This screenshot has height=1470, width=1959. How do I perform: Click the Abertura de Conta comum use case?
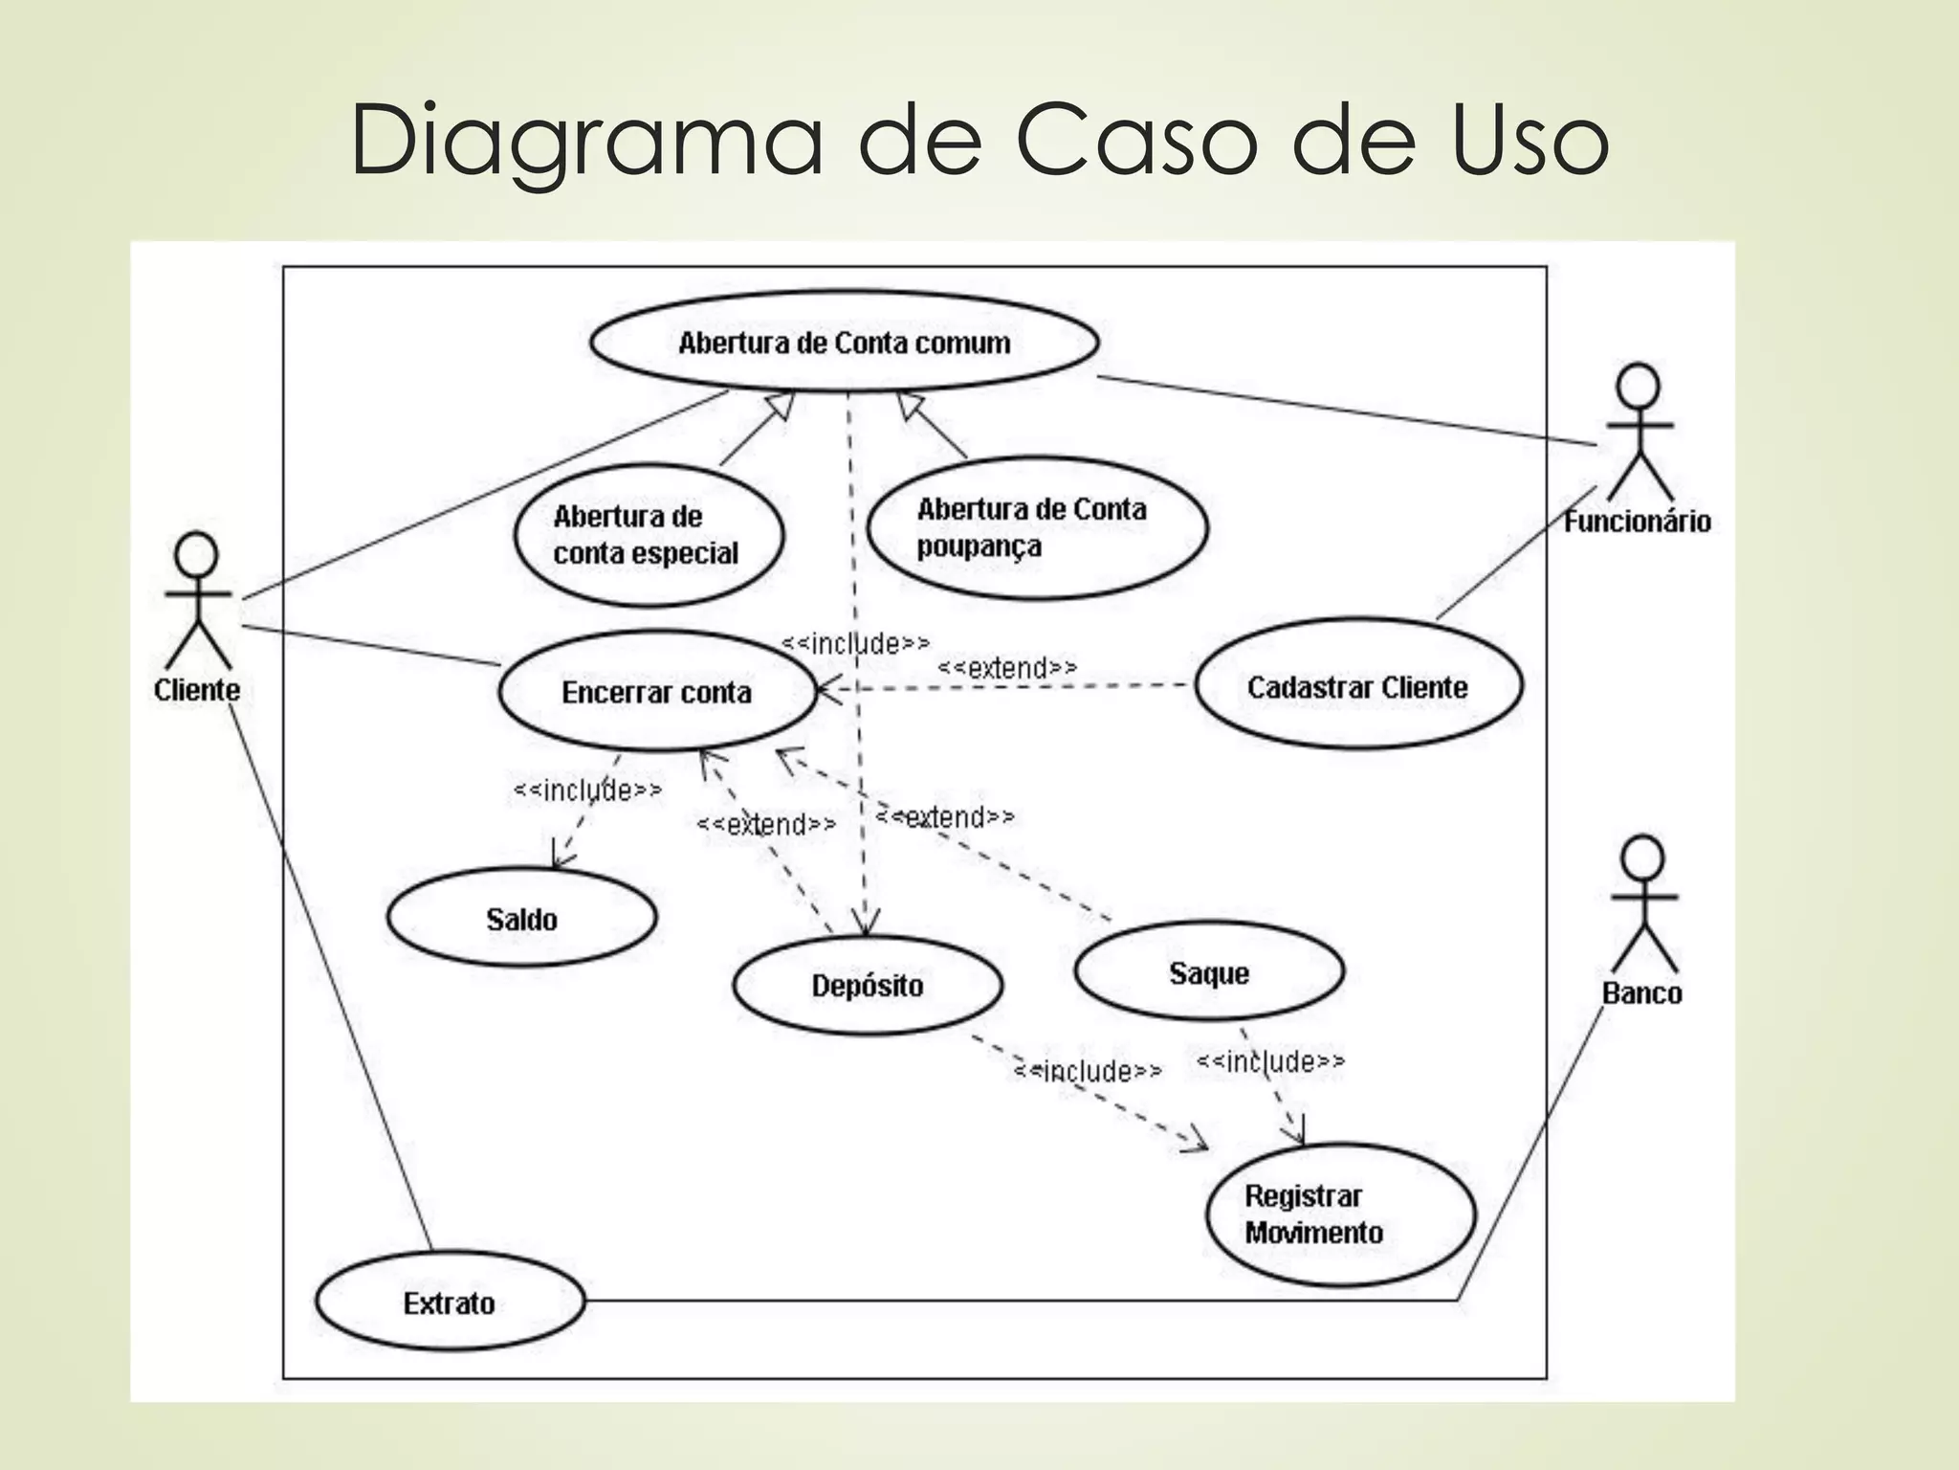pyautogui.click(x=844, y=343)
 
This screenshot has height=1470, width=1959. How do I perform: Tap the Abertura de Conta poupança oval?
pyautogui.click(x=1036, y=527)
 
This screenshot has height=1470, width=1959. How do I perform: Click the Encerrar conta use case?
pyautogui.click(x=657, y=692)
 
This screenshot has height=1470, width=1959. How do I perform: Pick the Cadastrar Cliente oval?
pyautogui.click(x=1357, y=686)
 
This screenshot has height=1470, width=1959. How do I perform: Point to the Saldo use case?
pyautogui.click(x=521, y=919)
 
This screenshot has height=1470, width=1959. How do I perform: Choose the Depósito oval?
pyautogui.click(x=868, y=985)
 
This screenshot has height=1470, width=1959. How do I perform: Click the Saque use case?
pyautogui.click(x=1209, y=972)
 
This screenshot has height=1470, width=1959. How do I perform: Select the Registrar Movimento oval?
pyautogui.click(x=1340, y=1214)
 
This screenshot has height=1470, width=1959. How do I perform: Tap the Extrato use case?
pyautogui.click(x=450, y=1303)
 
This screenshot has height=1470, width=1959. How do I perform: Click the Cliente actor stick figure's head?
pyautogui.click(x=197, y=554)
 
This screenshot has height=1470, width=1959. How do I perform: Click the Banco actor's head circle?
pyautogui.click(x=1642, y=858)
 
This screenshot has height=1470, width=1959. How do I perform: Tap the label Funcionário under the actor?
pyautogui.click(x=1637, y=522)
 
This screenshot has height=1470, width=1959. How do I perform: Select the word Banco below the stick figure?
pyautogui.click(x=1641, y=993)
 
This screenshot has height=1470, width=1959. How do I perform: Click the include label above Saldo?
pyautogui.click(x=587, y=791)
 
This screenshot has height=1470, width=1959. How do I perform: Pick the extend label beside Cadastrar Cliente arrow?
pyautogui.click(x=1007, y=667)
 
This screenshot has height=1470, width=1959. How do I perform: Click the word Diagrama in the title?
pyautogui.click(x=585, y=141)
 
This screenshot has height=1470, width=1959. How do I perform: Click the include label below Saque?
pyautogui.click(x=1270, y=1060)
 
